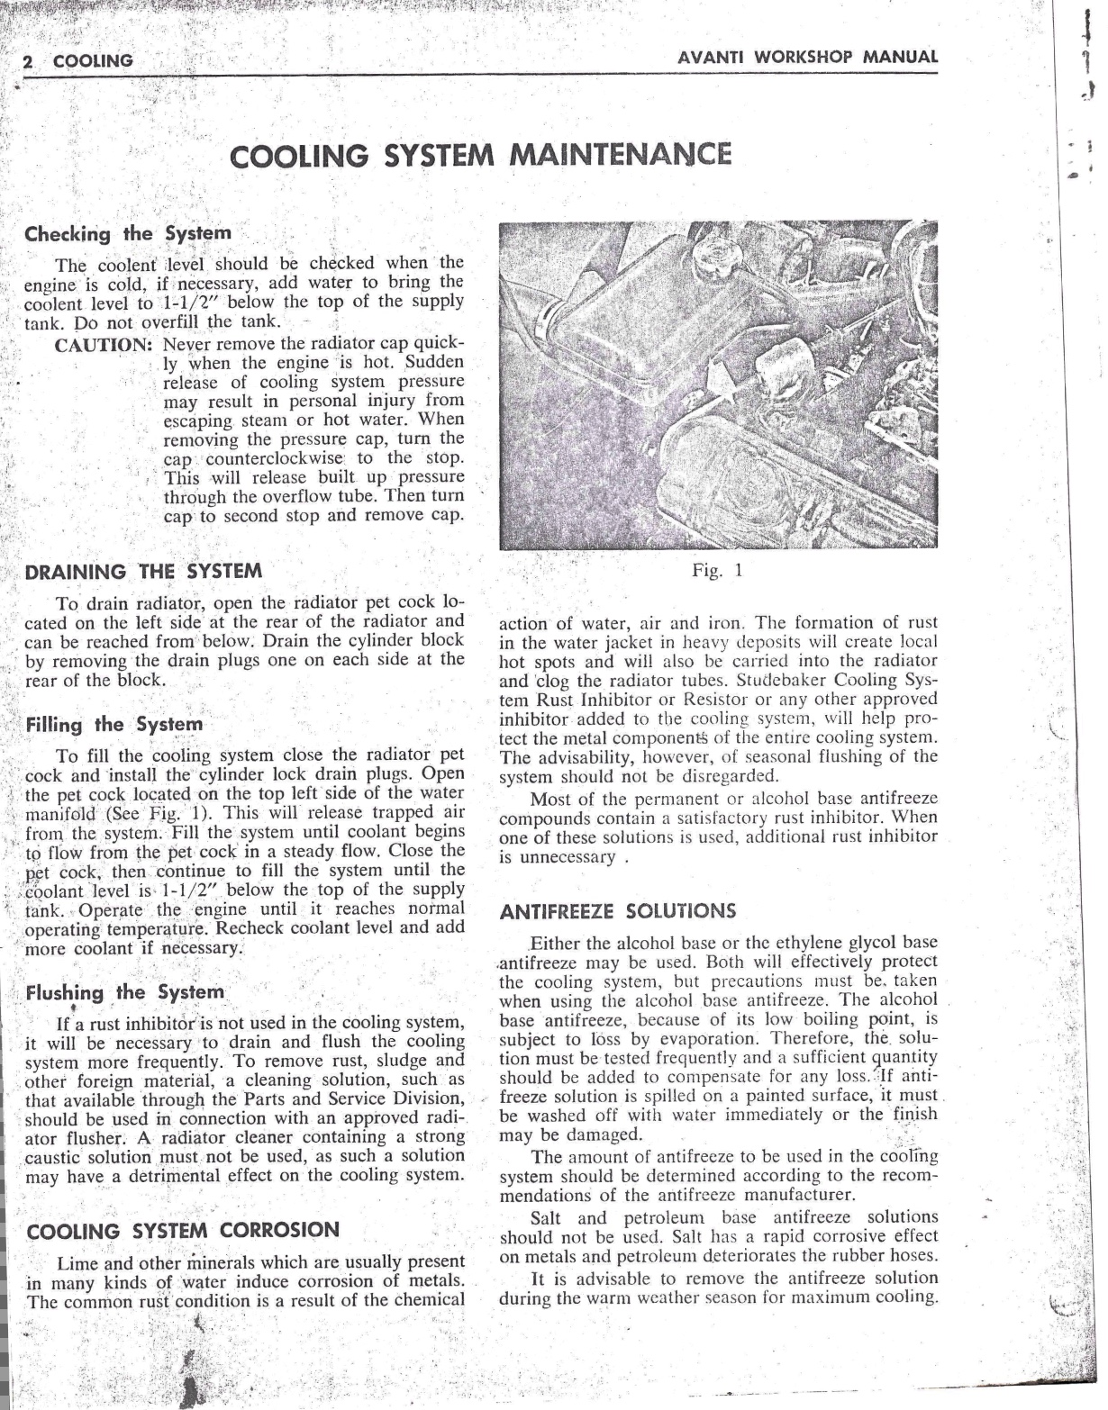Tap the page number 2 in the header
[x=28, y=61]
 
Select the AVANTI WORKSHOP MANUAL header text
[x=808, y=57]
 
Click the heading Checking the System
[x=128, y=233]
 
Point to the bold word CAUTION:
[x=102, y=344]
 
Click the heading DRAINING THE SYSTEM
[x=143, y=571]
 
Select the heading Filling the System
[x=114, y=724]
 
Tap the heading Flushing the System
[x=124, y=992]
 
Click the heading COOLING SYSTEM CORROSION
[x=184, y=1231]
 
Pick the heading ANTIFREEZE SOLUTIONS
[x=617, y=910]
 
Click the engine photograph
[x=718, y=385]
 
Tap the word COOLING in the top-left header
[x=93, y=61]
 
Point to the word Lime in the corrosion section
[x=76, y=1261]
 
